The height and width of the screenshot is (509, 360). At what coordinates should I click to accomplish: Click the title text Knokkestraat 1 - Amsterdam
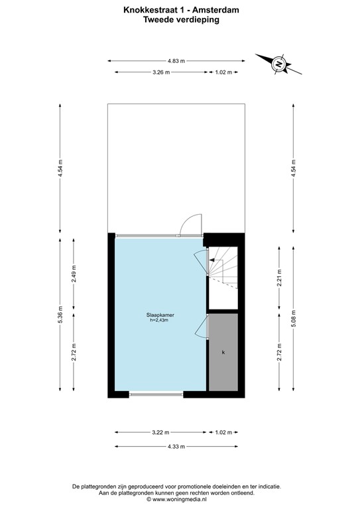[x=180, y=10]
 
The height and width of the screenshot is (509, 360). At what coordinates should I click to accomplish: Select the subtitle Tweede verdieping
[x=180, y=20]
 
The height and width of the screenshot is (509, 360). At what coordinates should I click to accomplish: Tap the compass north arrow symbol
[x=279, y=64]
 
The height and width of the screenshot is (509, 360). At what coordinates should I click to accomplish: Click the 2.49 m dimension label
[x=74, y=274]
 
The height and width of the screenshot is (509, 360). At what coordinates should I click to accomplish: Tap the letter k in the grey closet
[x=223, y=352]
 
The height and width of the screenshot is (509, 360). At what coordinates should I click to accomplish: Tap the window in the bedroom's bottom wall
[x=156, y=394]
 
